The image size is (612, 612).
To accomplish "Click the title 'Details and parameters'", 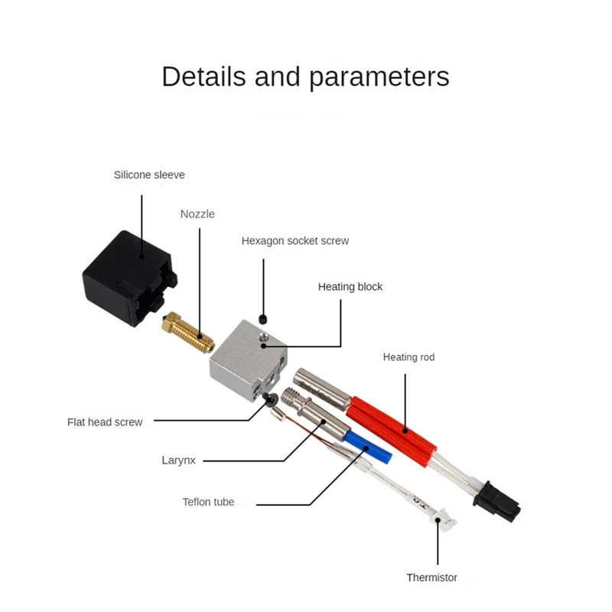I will pos(305,77).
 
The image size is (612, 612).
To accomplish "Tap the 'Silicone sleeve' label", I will pos(149,174).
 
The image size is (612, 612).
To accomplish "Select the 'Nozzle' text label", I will pos(197,214).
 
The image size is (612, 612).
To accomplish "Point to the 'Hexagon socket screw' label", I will pos(295,240).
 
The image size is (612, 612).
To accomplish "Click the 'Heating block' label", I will pos(350,287).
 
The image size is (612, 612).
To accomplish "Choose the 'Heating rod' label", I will pos(409,357).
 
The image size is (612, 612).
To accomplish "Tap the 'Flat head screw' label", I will pos(104,422).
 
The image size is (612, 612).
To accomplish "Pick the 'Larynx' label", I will pos(179,461).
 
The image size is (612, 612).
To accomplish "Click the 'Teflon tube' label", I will pos(208,503).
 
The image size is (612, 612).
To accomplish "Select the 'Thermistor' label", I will pos(431,578).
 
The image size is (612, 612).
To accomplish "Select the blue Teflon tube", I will pos(367,446).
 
